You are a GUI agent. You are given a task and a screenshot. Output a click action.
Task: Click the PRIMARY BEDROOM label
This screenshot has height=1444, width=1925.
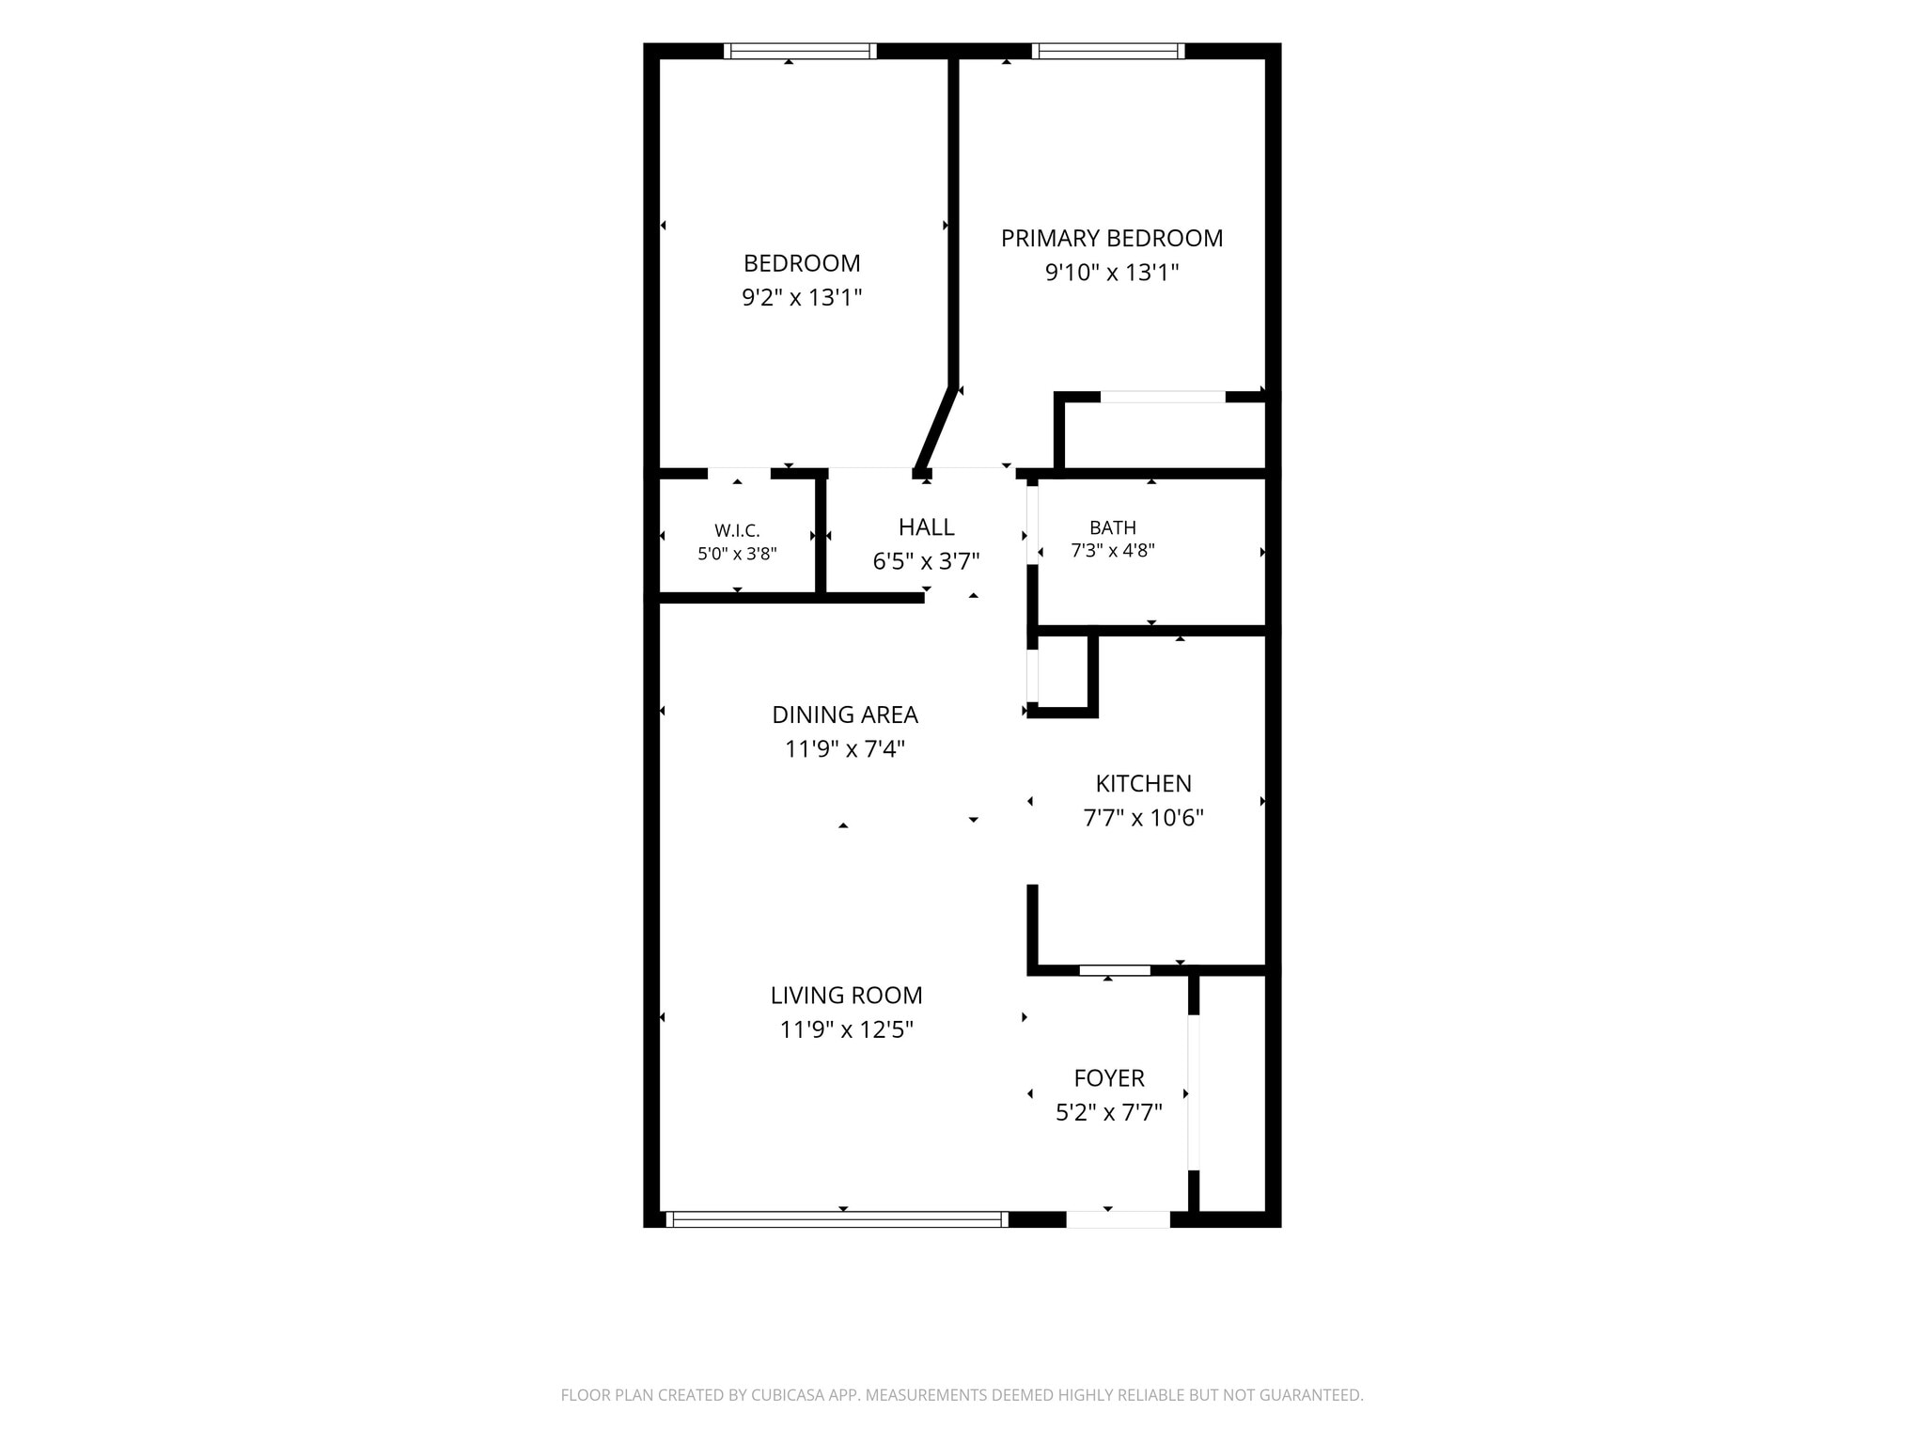[1112, 239]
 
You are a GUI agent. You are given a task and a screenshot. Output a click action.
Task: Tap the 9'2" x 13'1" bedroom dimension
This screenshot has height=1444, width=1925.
[802, 298]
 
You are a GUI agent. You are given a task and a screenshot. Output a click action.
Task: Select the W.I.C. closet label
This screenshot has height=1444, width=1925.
[737, 531]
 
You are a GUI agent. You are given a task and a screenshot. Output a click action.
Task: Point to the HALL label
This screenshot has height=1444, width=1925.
[927, 527]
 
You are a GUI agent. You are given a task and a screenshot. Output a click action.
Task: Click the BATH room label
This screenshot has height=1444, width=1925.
[1113, 528]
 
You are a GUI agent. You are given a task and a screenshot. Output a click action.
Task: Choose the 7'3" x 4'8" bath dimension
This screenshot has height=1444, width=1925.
[1113, 551]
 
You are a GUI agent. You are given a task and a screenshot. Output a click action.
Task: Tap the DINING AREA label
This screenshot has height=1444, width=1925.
[845, 715]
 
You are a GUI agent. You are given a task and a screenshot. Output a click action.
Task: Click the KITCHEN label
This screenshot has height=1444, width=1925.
[1144, 784]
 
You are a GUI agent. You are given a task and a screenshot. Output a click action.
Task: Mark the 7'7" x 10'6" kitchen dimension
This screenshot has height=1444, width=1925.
[1144, 819]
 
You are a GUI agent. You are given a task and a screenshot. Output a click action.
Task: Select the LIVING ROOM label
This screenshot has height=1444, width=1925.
[847, 996]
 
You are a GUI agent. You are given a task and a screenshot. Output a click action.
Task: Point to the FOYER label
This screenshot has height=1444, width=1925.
[1109, 1078]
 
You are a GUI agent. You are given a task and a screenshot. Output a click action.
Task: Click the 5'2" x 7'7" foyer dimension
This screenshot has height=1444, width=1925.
[1109, 1113]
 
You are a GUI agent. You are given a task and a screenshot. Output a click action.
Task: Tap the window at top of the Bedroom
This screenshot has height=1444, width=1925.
[801, 51]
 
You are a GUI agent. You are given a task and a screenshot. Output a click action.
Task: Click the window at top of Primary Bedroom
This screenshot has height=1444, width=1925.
[1108, 51]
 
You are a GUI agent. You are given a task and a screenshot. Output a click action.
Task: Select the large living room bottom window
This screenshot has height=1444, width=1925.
[837, 1219]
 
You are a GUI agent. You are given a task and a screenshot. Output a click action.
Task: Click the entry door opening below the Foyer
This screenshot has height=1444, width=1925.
[1119, 1219]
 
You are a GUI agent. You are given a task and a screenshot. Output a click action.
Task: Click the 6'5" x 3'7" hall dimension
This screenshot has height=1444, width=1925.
[927, 562]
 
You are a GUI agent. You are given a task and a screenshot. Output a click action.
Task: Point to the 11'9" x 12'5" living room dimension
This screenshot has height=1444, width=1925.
[847, 1030]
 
